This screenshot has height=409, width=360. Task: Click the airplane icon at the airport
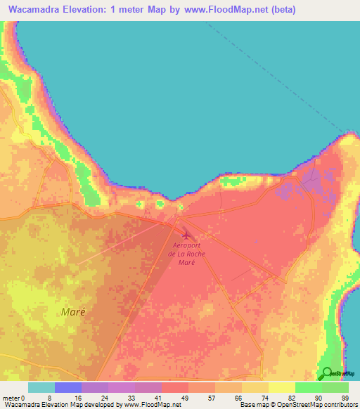pyautogui.click(x=186, y=235)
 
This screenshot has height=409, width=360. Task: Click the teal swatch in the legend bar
pyautogui.click(x=41, y=387)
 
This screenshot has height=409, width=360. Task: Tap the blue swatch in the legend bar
pyautogui.click(x=68, y=387)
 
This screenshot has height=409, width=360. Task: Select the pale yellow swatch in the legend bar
pyautogui.click(x=281, y=387)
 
